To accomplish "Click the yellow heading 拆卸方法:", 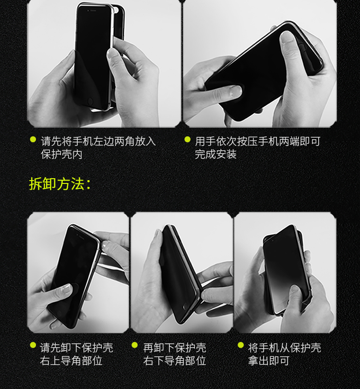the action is [x=60, y=184].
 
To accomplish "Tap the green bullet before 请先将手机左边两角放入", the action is [x=33, y=139].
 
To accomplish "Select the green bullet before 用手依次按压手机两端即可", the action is [x=187, y=139].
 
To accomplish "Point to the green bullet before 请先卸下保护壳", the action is [x=33, y=345].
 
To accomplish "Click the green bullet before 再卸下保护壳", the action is [x=134, y=345].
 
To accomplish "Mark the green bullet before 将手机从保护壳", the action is [x=241, y=345].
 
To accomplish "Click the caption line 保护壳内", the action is [x=61, y=154].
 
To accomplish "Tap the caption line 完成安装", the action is [x=216, y=154].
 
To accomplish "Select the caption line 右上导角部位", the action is [x=71, y=361].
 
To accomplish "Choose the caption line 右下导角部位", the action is [x=175, y=361].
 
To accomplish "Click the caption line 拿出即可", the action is [x=269, y=361].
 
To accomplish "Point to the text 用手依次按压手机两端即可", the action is [x=258, y=141].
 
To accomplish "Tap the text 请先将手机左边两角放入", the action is [x=98, y=141].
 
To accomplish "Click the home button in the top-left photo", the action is [x=90, y=101].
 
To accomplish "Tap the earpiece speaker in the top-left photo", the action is [x=93, y=11].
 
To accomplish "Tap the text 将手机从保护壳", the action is [x=284, y=348].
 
